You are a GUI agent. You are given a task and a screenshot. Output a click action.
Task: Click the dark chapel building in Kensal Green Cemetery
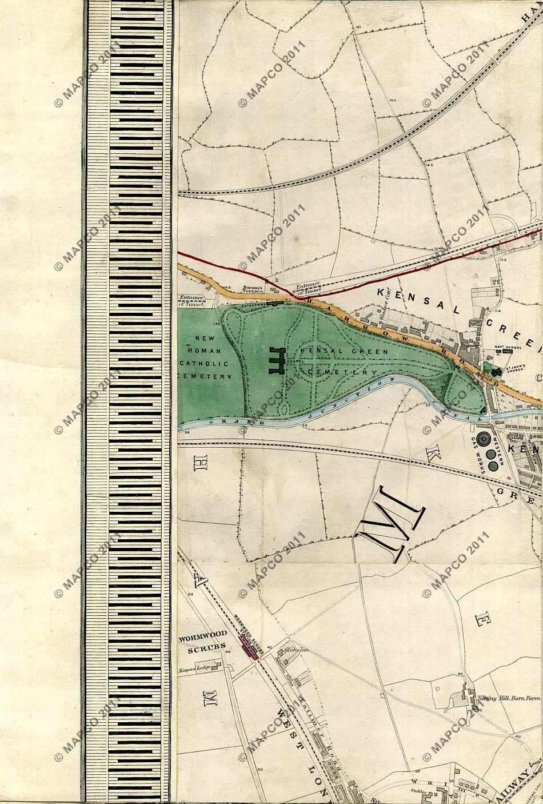click(276, 361)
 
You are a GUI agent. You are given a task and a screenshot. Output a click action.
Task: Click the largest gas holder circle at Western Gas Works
click(483, 440)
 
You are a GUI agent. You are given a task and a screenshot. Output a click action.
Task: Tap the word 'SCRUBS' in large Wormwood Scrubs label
click(203, 650)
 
